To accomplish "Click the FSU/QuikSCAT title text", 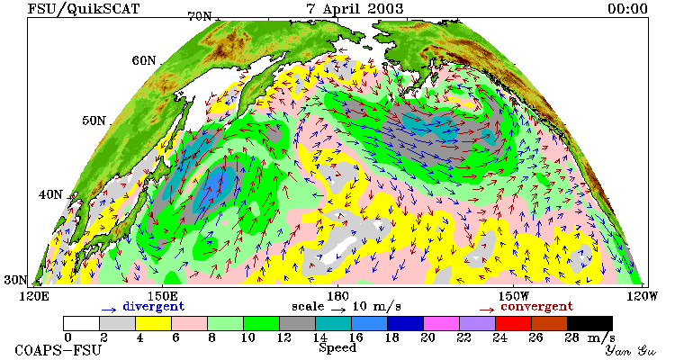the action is pos(84,9).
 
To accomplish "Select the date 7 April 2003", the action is pos(355,9).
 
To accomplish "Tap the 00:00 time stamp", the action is pos(627,9).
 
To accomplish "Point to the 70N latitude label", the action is pos(201,17).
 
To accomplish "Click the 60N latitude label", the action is pos(144,60).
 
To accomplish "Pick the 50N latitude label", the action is pos(94,121).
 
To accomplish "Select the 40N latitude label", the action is pos(50,194).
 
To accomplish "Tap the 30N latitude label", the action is pos(15,280).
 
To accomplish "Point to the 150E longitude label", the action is pos(162,296).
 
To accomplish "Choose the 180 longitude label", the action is pos(337,296).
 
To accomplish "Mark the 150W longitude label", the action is pos(514,296).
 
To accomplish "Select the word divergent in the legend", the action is pos(154,307).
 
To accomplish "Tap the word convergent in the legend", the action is pos(536,307).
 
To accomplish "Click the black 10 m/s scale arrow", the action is pos(338,309).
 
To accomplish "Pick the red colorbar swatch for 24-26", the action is pos(513,323).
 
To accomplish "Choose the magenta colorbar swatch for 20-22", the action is pos(441,323).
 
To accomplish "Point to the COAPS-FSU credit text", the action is pos(58,350).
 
